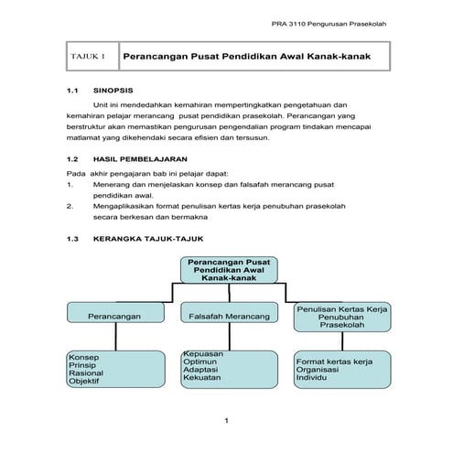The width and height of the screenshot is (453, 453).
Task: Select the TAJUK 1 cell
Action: (x=89, y=58)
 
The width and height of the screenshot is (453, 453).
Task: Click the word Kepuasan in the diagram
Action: (x=200, y=352)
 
